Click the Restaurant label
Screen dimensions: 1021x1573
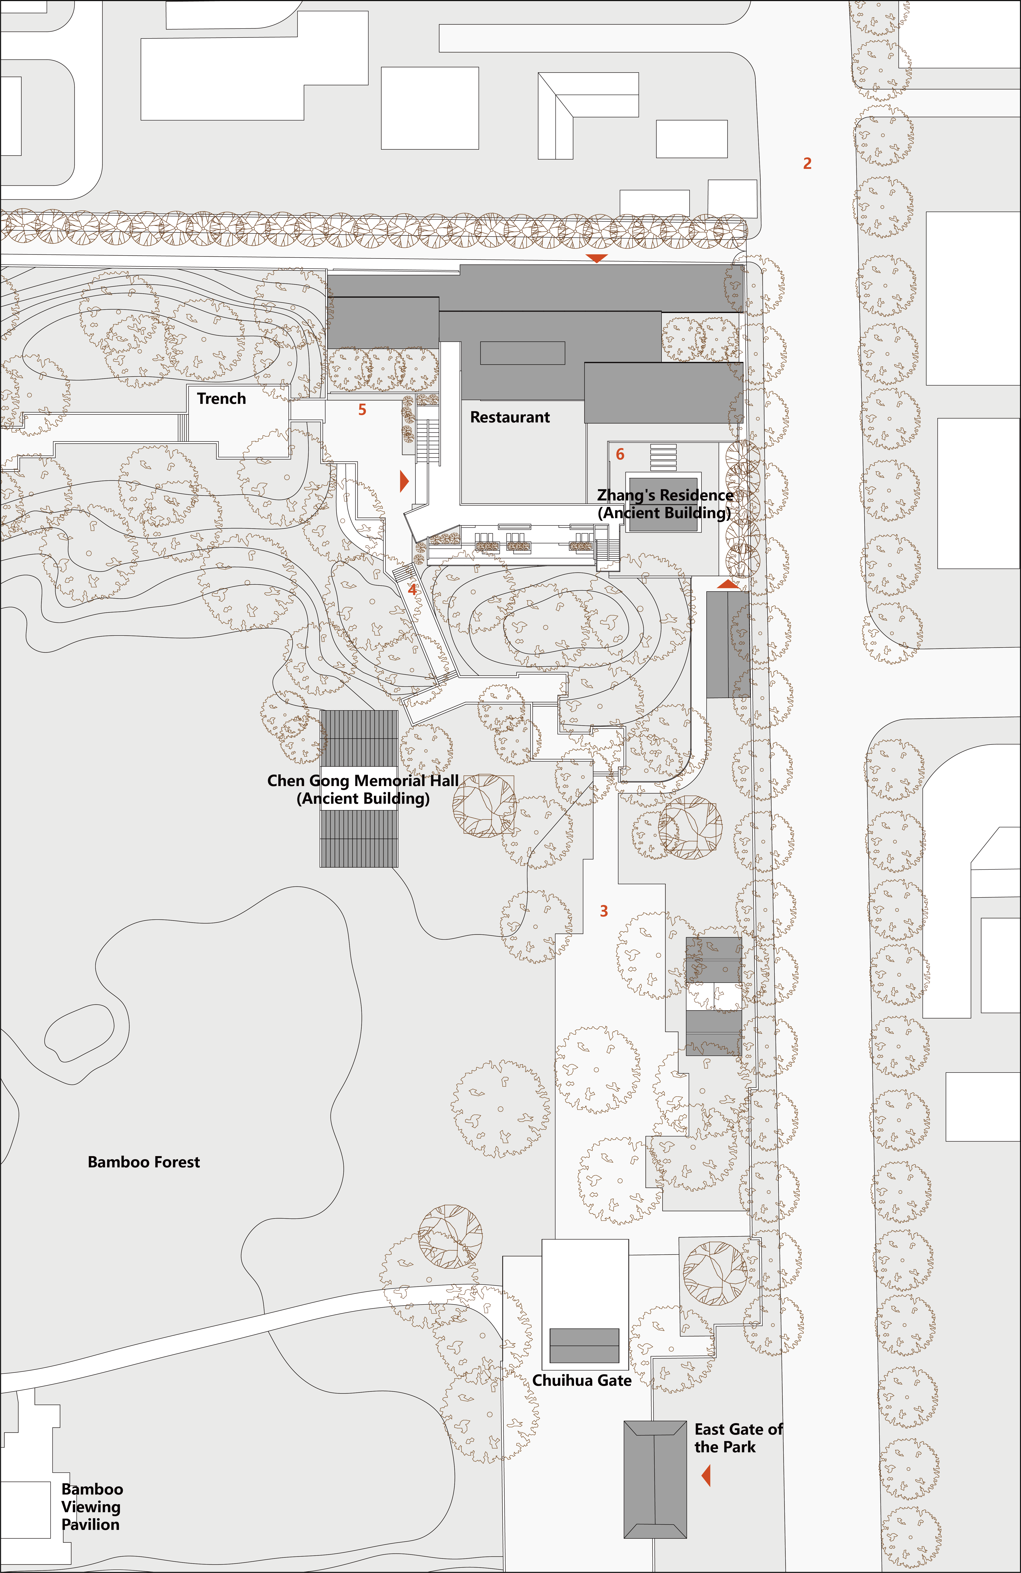[x=510, y=417]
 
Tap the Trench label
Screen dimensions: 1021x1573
[x=221, y=399]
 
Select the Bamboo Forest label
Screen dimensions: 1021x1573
[x=144, y=1162]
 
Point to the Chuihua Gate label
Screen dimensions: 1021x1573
[x=582, y=1381]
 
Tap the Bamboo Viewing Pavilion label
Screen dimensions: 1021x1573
[x=92, y=1507]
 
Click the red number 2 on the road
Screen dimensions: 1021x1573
[x=807, y=163]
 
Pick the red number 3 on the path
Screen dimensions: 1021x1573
[x=604, y=911]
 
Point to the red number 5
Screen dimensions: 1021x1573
[x=362, y=410]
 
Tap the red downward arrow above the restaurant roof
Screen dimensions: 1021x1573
[x=596, y=258]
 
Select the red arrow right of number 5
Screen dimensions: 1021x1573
[x=404, y=481]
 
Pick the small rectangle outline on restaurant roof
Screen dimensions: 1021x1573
[x=522, y=353]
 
